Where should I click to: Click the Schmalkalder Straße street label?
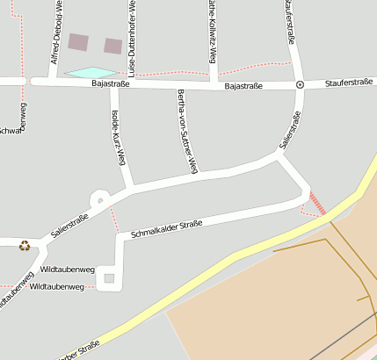click(166, 229)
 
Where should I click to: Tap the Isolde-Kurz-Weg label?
click(119, 139)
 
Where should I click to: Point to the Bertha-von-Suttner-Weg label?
click(186, 130)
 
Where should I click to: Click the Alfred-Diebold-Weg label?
click(56, 33)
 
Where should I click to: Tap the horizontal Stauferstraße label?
click(349, 83)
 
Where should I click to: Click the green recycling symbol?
click(25, 245)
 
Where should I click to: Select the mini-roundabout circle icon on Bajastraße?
click(300, 84)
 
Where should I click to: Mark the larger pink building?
click(78, 41)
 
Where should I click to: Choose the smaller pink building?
click(112, 46)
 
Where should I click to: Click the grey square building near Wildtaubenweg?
click(109, 278)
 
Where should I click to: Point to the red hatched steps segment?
click(317, 204)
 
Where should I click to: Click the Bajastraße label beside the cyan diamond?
click(110, 84)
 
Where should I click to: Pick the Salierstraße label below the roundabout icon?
click(290, 129)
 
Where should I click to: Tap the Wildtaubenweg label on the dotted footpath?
click(56, 286)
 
